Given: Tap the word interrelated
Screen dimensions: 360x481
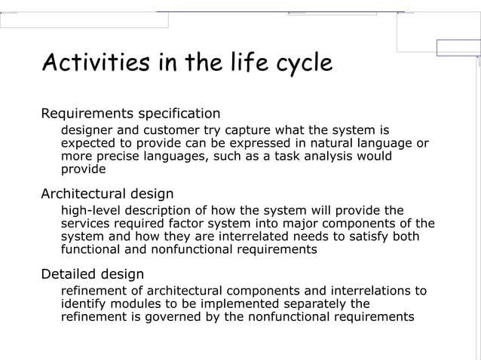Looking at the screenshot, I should coord(236,236).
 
